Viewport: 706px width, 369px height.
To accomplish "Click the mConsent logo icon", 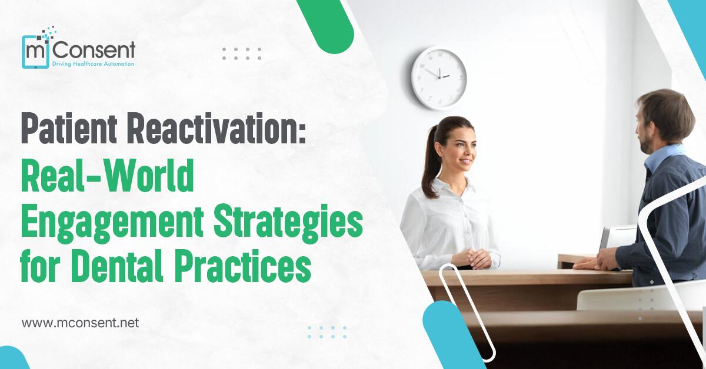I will click(36, 49).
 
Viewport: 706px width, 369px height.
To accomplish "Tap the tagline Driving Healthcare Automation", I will click(93, 63).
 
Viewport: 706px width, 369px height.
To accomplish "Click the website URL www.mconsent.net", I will click(80, 323).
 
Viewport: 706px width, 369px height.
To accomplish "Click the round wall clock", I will click(439, 78).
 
